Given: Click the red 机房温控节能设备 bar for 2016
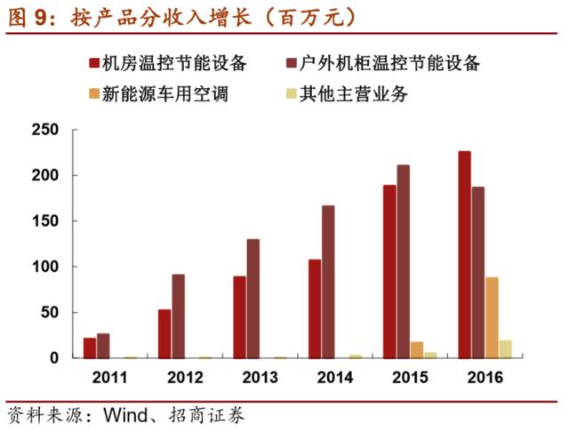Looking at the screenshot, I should (464, 254).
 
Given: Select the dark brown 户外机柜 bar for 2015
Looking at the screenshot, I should (403, 261).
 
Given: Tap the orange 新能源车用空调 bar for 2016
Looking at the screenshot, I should (492, 317).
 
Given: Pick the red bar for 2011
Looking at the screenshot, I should (90, 348).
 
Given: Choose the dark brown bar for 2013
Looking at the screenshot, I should (253, 299).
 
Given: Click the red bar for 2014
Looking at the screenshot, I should (315, 308).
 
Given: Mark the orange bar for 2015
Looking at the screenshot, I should (417, 349).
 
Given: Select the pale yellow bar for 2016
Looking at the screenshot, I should (505, 348).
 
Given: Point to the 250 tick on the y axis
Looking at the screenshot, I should (44, 131).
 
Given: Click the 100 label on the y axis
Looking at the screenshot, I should (44, 267).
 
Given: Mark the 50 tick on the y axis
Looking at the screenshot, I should (49, 313).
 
